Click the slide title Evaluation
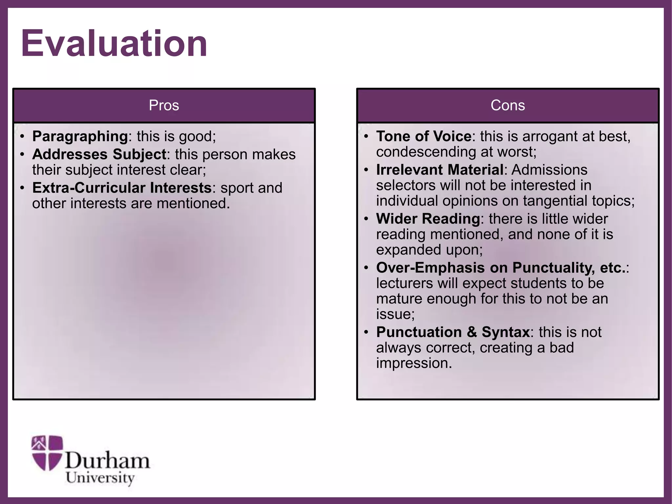click(x=114, y=43)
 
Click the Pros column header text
click(x=164, y=105)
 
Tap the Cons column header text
click(x=508, y=105)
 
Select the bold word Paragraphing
click(x=80, y=136)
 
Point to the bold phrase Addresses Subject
click(x=99, y=154)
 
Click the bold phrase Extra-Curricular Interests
click(x=122, y=188)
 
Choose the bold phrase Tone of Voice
click(x=424, y=136)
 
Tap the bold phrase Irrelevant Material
click(x=440, y=170)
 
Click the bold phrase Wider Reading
click(x=428, y=219)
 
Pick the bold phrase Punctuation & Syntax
click(x=453, y=332)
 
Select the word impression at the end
click(x=414, y=363)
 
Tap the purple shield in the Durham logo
click(x=47, y=452)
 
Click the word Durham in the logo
click(x=107, y=461)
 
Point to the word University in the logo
click(x=100, y=478)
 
